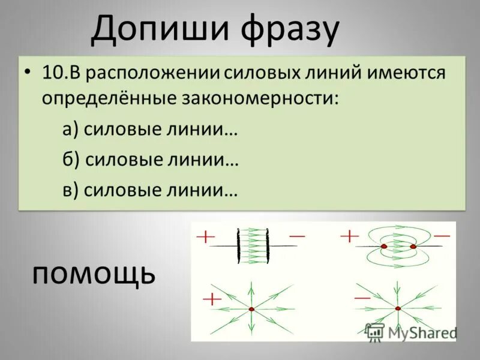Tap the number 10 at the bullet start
click(51, 73)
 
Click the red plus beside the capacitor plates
click(205, 237)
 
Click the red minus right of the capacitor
click(297, 236)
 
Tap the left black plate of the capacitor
click(239, 245)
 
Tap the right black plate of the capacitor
click(266, 245)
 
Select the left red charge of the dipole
click(384, 246)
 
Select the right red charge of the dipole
click(413, 246)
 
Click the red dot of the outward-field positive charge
click(251, 309)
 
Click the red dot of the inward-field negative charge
click(397, 308)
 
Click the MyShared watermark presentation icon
click(374, 331)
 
